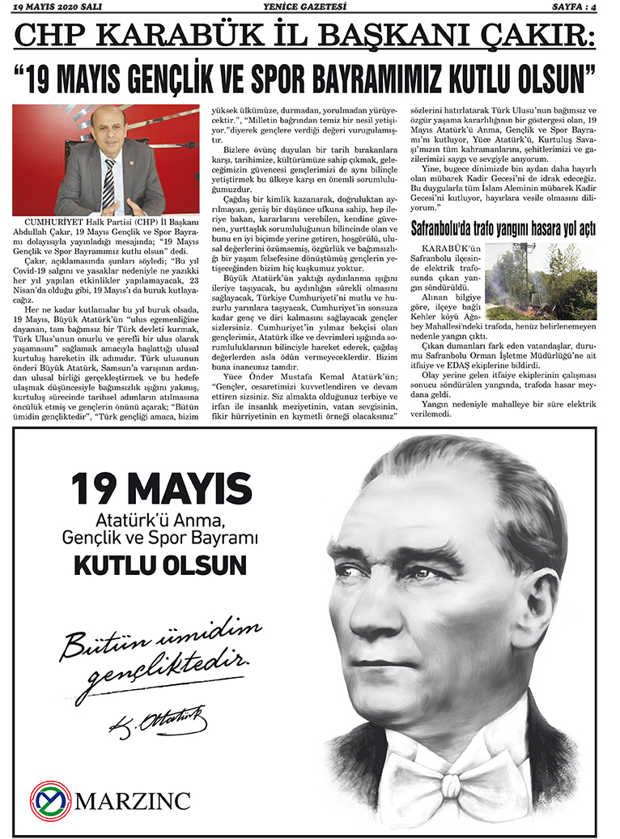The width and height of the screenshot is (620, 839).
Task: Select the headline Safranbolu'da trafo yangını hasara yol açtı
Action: tap(503, 228)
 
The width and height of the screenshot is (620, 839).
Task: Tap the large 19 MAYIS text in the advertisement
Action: tap(160, 489)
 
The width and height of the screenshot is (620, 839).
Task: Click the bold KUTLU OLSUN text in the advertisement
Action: tap(160, 564)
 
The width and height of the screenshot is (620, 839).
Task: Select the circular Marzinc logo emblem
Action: tap(52, 800)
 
